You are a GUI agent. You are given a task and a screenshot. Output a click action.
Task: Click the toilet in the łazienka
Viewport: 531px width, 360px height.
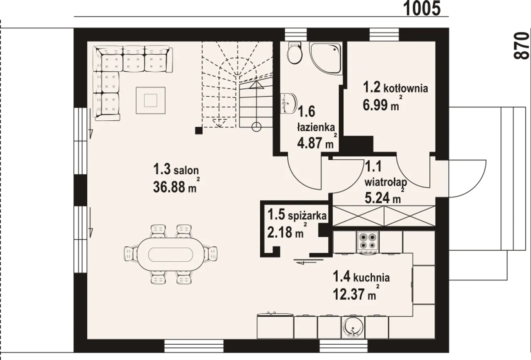tap(295, 53)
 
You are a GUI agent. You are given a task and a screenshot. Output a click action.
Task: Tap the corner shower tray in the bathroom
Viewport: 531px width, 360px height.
tap(326, 58)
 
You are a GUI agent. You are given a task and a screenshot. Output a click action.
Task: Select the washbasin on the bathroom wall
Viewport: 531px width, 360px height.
tap(288, 103)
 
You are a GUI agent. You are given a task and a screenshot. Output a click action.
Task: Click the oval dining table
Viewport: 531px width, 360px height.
tap(171, 255)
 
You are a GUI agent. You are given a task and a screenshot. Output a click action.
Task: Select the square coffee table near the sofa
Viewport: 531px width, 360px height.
tap(151, 100)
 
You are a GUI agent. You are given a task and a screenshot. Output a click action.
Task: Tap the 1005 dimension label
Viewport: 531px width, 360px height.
tap(422, 9)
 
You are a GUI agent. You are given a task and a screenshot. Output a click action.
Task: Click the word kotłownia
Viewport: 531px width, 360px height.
tap(406, 89)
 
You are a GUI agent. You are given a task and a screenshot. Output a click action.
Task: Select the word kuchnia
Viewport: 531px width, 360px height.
tap(371, 277)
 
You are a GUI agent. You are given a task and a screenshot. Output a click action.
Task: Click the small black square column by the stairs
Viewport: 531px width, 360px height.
tap(199, 131)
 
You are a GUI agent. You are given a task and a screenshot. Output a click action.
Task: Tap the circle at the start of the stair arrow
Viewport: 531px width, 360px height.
tap(256, 127)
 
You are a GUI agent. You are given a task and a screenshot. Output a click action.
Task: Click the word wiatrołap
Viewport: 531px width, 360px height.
tap(386, 182)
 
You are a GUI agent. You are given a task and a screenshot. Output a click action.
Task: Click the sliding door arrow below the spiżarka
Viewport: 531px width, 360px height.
tap(308, 262)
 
